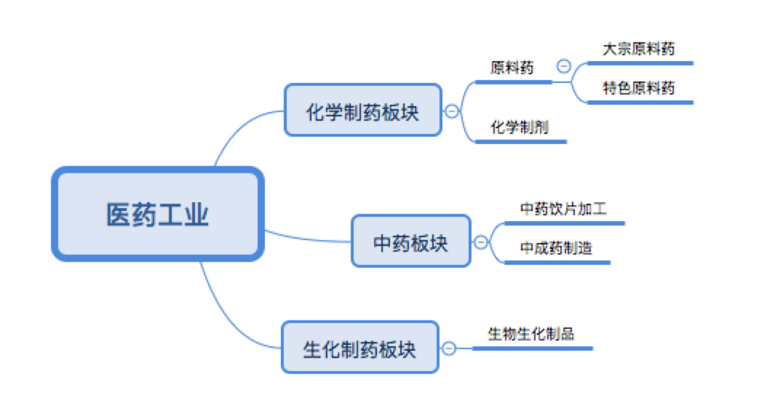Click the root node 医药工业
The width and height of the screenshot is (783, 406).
click(x=158, y=214)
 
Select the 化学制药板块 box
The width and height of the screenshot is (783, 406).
click(x=362, y=110)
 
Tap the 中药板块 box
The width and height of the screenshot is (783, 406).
click(x=411, y=241)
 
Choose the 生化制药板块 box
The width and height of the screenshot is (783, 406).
click(x=360, y=348)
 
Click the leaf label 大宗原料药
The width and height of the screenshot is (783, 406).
click(x=639, y=49)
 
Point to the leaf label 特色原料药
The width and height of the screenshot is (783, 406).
click(x=639, y=88)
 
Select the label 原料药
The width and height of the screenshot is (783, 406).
click(x=512, y=68)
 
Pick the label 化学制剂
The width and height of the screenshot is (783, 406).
click(x=519, y=127)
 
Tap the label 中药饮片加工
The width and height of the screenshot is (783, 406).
click(x=563, y=209)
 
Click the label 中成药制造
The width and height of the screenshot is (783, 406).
click(x=556, y=248)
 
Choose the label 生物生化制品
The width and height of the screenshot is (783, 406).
click(x=531, y=334)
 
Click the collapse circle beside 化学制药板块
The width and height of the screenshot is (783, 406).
click(x=452, y=111)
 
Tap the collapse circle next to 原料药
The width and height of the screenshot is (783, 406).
click(x=564, y=67)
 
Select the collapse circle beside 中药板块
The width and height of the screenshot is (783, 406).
click(x=481, y=242)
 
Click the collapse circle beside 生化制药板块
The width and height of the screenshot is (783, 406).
click(x=449, y=348)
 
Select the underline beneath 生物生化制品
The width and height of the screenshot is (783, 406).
click(x=532, y=349)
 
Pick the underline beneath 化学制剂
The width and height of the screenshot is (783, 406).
click(x=521, y=142)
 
